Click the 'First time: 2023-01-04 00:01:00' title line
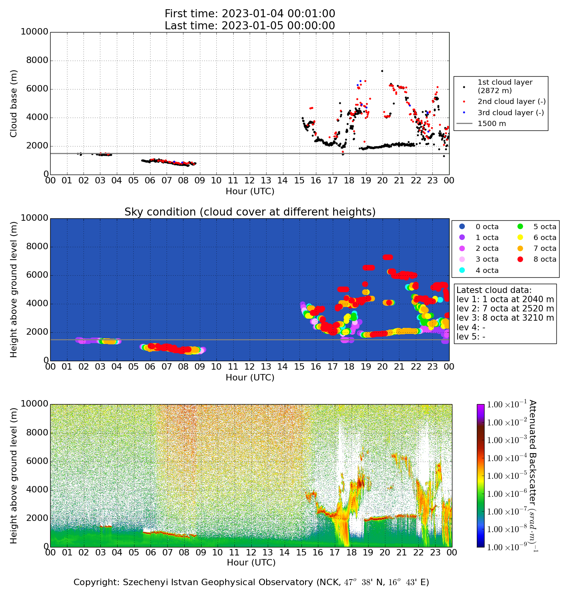[x=250, y=14]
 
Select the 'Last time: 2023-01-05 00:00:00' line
[x=250, y=26]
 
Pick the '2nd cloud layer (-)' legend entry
[x=511, y=102]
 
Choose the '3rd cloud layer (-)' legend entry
[x=511, y=113]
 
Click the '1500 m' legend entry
[x=492, y=124]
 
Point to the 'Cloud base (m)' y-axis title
[x=14, y=103]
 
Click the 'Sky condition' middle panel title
[x=250, y=212]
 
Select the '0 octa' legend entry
[x=487, y=227]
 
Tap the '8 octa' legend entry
[x=545, y=259]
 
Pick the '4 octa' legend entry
[x=487, y=270]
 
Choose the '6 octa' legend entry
[x=545, y=238]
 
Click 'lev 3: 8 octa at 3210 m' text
[x=505, y=318]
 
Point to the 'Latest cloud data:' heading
[x=494, y=290]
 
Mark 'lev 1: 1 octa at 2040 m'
[x=505, y=299]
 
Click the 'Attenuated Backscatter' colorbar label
[x=533, y=476]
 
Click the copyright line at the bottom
[x=251, y=582]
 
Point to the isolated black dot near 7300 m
[x=382, y=71]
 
